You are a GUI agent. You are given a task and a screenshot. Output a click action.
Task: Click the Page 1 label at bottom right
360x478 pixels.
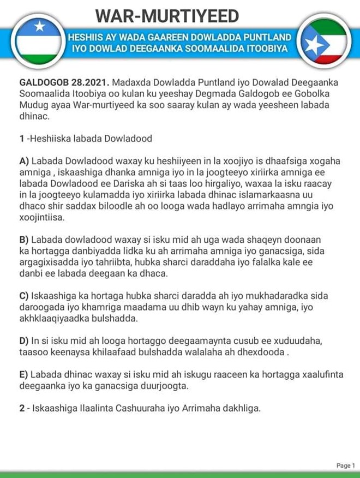pos(345,465)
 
